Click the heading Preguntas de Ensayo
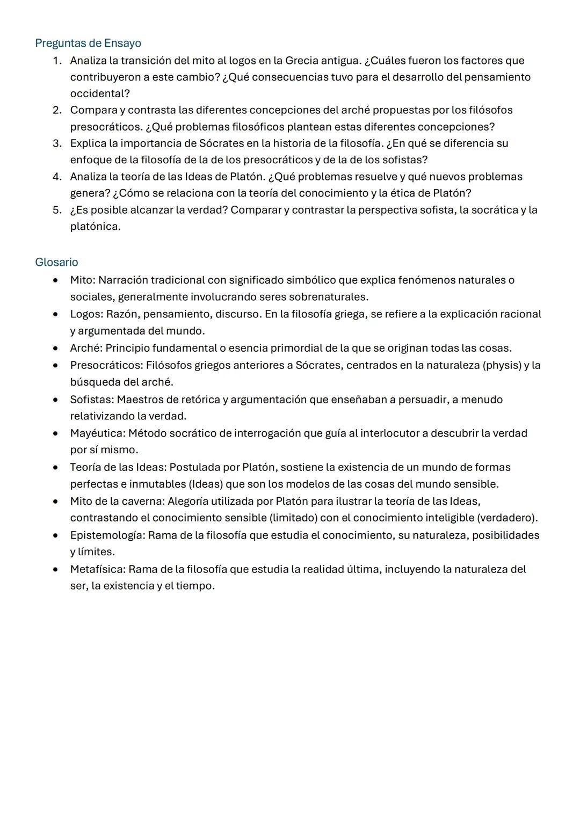[88, 43]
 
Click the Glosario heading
[56, 262]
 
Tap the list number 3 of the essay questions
[57, 143]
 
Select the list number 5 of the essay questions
[57, 210]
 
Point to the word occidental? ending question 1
[100, 93]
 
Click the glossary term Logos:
[86, 314]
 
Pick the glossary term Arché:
[86, 348]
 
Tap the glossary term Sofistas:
[92, 400]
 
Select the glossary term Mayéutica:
[97, 433]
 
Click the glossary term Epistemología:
[107, 535]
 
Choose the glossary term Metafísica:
[98, 569]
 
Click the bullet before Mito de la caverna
[55, 502]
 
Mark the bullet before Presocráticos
[55, 366]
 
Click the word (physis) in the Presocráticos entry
[502, 365]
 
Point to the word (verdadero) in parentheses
[508, 518]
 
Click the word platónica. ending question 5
[96, 227]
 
